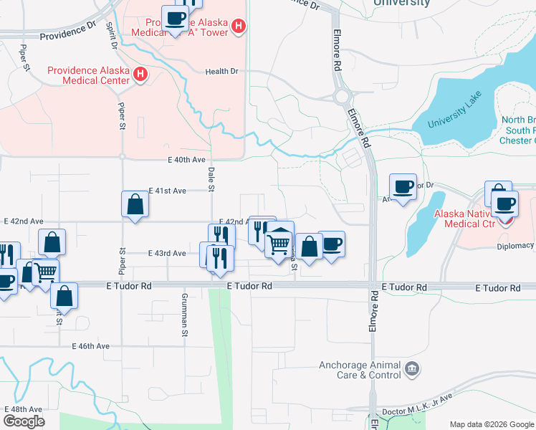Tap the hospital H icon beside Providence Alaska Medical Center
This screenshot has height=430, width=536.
141,74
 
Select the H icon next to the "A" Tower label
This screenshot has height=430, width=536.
239,27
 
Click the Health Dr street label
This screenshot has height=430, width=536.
221,72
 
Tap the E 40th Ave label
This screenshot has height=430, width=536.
186,160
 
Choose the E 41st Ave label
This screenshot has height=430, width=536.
167,191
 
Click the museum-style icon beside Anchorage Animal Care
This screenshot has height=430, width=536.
412,370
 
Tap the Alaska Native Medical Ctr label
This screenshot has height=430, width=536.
470,219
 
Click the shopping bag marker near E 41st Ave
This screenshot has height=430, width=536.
135,204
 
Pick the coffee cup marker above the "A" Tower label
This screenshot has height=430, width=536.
174,18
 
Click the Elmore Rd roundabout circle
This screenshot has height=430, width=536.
342,94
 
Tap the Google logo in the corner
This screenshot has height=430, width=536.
24,421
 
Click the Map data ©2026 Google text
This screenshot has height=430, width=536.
491,424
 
